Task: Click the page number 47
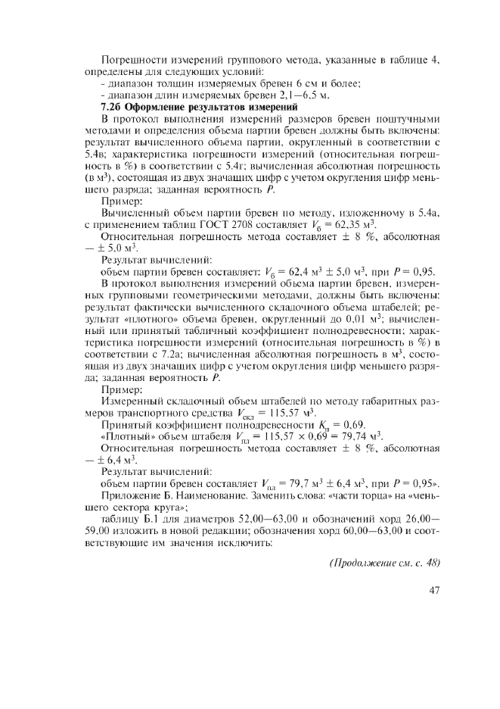[x=433, y=592]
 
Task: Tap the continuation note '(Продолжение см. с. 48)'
[x=385, y=563]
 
